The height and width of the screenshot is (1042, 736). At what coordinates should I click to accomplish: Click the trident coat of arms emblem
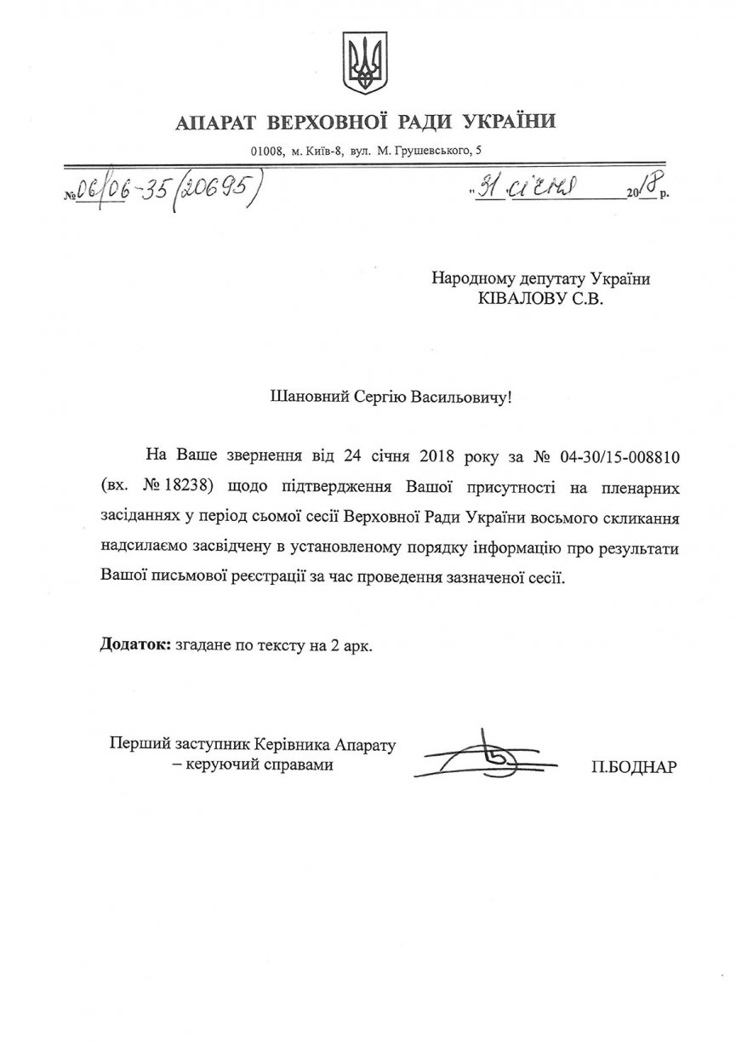coord(367,65)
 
